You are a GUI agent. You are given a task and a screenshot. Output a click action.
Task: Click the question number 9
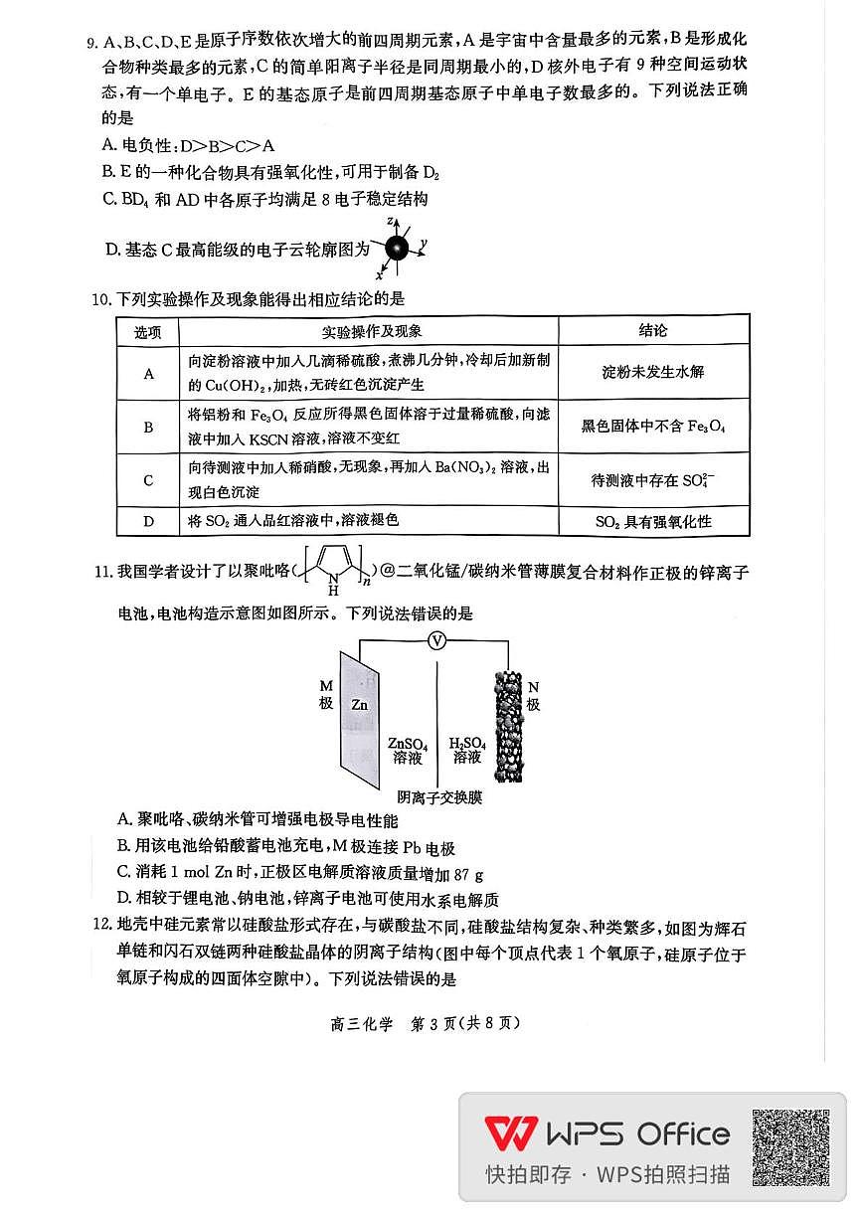[x=91, y=42]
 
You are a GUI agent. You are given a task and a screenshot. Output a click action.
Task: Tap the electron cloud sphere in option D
[x=398, y=249]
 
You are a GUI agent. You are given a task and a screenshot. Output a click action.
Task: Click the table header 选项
[x=148, y=331]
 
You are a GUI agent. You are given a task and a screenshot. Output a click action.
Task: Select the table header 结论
[x=652, y=331]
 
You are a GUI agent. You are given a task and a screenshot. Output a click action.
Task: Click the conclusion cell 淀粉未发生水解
[x=652, y=372]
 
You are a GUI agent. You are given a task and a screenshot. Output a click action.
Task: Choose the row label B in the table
[x=148, y=427]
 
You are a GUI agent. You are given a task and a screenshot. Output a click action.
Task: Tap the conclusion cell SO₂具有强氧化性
[x=652, y=521]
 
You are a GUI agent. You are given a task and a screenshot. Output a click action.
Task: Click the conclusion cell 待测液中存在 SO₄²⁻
[x=652, y=480]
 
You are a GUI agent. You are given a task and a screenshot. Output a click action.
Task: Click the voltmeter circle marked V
[x=436, y=641]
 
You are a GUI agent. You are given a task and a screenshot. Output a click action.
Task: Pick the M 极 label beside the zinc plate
[x=326, y=694]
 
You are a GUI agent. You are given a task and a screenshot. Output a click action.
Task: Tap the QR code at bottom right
[x=790, y=1148]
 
